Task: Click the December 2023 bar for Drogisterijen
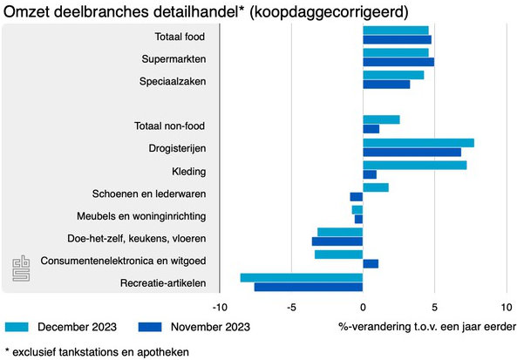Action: (418, 143)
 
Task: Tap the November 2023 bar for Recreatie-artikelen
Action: (308, 287)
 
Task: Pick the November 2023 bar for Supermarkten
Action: (398, 62)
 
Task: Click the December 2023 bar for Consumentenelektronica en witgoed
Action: (338, 254)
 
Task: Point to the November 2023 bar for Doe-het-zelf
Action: (337, 241)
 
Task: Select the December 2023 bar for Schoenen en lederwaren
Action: (376, 187)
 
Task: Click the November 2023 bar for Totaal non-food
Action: (371, 130)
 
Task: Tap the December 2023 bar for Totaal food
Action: (396, 31)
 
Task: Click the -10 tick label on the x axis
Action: (221, 307)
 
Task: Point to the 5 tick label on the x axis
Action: (434, 307)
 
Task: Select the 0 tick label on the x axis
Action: (363, 307)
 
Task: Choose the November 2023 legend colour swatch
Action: (149, 327)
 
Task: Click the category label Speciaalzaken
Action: (172, 82)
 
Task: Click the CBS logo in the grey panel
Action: (20, 271)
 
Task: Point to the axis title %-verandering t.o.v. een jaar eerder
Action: (425, 327)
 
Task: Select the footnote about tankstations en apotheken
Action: (96, 350)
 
